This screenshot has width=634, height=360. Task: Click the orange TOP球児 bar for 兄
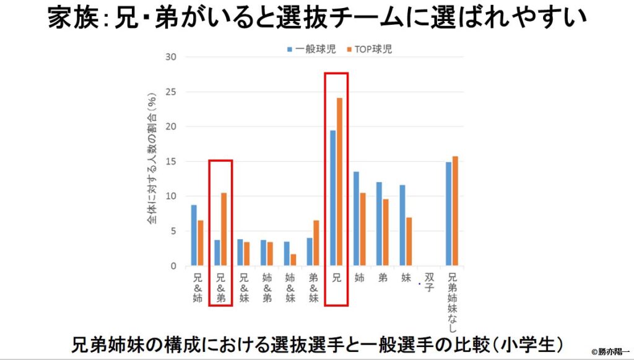339,182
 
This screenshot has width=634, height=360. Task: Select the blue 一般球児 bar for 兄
332,198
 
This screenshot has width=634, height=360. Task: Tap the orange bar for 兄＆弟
224,229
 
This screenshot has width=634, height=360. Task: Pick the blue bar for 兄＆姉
194,235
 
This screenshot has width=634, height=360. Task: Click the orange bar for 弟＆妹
316,243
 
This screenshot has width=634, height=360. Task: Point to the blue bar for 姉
356,219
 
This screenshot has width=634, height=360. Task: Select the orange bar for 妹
409,242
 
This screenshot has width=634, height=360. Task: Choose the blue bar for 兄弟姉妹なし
449,214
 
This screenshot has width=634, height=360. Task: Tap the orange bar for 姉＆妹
293,260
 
